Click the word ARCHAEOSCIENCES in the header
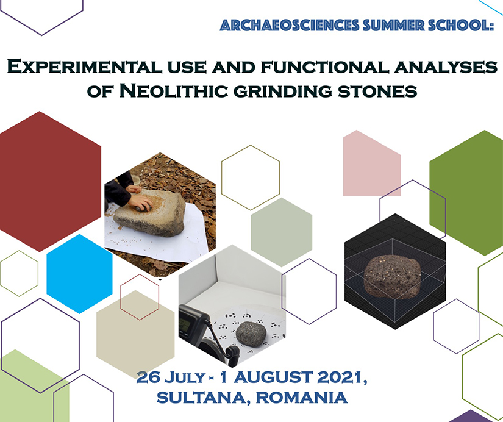pos(289,26)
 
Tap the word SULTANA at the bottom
pos(201,397)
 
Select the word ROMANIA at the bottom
pos(302,397)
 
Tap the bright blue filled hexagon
pos(79,274)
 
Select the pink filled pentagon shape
pos(372,163)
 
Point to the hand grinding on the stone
pos(140,202)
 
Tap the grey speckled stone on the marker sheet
pos(251,334)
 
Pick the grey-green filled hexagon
pos(281,232)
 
